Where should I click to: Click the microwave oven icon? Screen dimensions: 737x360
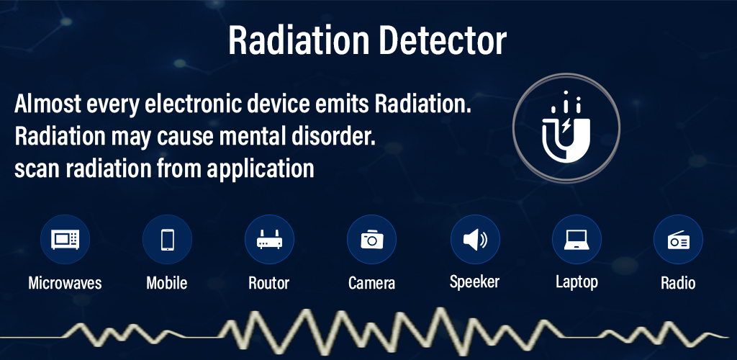(x=65, y=240)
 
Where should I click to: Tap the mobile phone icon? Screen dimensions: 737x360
(x=167, y=240)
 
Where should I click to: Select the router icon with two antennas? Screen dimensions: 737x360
(x=269, y=239)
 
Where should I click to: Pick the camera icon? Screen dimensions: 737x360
(x=372, y=239)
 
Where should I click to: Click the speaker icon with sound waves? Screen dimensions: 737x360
(x=475, y=240)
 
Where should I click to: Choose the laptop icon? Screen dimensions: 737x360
(x=577, y=240)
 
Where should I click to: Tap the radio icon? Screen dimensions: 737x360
(x=678, y=240)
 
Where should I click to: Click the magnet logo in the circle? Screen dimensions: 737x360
(x=566, y=127)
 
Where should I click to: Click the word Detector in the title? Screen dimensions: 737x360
(x=443, y=40)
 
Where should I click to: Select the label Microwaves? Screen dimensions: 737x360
(x=65, y=283)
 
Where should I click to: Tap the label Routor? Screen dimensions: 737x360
(x=269, y=283)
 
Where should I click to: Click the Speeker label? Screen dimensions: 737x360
(x=474, y=282)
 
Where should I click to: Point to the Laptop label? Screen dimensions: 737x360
(x=577, y=282)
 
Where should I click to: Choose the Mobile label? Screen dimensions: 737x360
(x=167, y=283)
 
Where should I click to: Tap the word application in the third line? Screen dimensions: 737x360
(x=261, y=168)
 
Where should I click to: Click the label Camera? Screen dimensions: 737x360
(x=372, y=283)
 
